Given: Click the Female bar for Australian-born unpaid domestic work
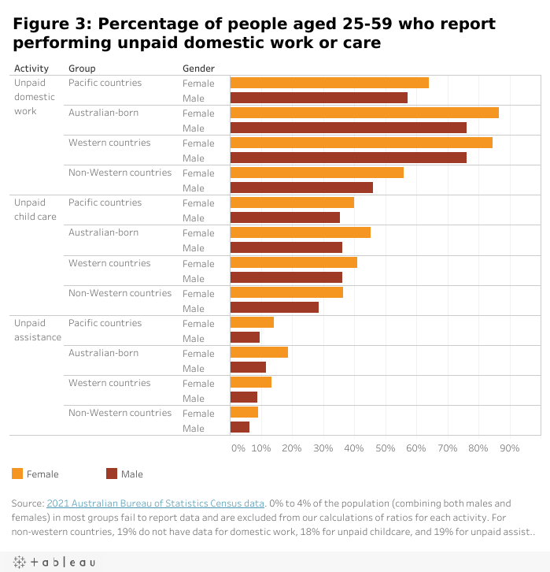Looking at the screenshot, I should pos(364,113).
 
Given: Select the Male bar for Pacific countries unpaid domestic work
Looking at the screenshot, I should pos(319,98).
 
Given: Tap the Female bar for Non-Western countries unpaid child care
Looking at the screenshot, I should pos(286,293).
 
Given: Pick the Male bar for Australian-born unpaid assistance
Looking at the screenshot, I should pos(248,368).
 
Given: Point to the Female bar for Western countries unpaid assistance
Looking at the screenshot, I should pos(251,383).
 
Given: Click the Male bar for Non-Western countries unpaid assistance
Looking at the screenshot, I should pos(240,428).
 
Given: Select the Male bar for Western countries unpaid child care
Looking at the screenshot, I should pos(286,278).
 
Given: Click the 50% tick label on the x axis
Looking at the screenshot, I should pos(385,448).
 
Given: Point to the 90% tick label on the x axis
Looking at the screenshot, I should pos(510,448).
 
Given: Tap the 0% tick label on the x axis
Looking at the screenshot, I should pos(238,448).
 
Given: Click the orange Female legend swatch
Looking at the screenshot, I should pos(18,474).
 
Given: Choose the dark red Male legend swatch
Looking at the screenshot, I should pos(112,474).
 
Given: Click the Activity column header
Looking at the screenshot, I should pos(31,69).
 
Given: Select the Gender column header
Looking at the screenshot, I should pos(198,69).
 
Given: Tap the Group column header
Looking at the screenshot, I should pos(82,69).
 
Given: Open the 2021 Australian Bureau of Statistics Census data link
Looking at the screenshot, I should pos(155,503).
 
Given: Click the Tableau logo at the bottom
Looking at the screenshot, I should pos(54,562).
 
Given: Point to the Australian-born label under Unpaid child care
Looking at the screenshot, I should pos(103,232).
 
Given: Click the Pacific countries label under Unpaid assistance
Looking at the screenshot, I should pos(105,323).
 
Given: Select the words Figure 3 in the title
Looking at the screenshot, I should pos(50,24).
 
